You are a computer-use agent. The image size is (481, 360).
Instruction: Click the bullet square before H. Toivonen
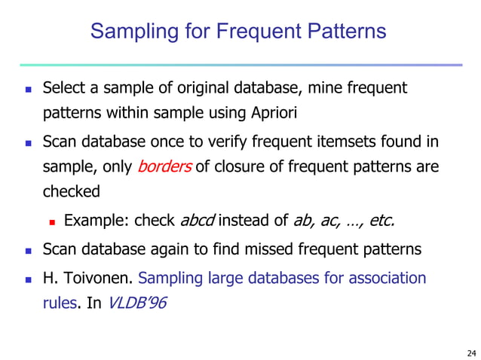coord(29,279)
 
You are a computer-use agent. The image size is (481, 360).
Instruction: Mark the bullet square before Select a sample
coord(29,90)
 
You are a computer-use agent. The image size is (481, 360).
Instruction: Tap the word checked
coord(71,191)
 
